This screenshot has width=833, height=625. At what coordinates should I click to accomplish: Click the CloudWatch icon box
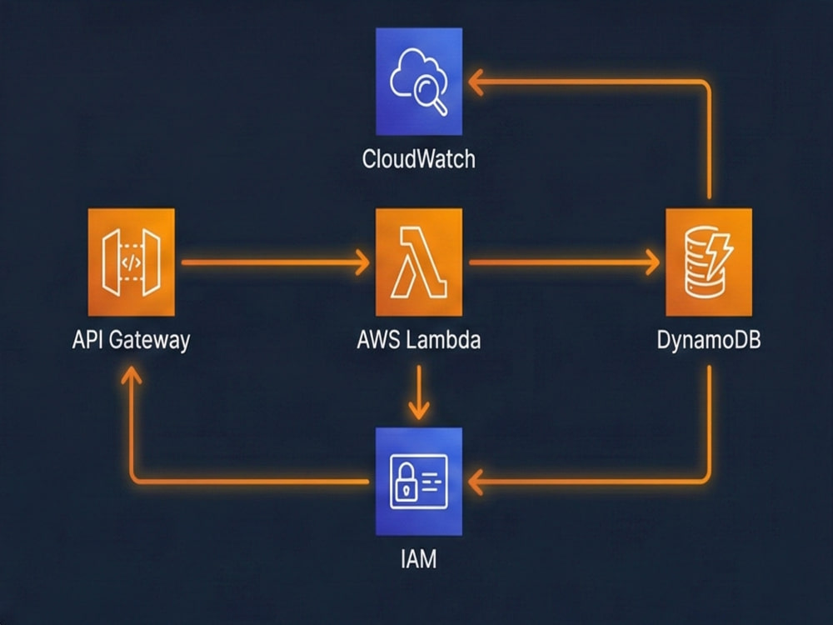pos(418,82)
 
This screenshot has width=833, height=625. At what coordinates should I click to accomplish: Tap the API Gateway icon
pos(131,262)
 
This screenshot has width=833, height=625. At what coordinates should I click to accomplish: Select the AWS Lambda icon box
pos(418,262)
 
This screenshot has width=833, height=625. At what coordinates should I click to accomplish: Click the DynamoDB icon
pos(708,262)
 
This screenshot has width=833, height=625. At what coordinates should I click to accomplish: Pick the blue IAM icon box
pos(418,481)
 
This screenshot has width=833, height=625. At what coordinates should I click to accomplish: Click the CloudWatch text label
pos(418,158)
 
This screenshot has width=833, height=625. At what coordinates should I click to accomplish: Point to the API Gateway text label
pos(131,340)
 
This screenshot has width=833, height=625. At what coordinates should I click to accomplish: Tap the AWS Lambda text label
pos(418,340)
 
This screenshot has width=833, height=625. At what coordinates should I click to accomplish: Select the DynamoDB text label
pos(708,340)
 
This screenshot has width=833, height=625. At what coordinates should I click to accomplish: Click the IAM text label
pos(418,557)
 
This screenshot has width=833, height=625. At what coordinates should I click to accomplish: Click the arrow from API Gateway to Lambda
pos(275,262)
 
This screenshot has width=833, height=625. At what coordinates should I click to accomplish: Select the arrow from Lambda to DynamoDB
pos(562,262)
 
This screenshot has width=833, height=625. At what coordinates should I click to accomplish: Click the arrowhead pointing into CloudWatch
pos(476,82)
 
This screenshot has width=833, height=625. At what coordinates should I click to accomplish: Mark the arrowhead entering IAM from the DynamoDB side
pos(476,481)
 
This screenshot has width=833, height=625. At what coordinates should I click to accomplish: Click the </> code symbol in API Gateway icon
pos(131,262)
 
